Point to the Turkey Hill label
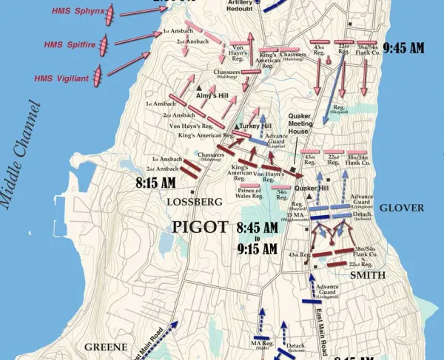click(256, 127)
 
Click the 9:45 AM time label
click(404, 48)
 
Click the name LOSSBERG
click(194, 202)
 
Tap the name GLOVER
click(401, 208)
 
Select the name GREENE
click(101, 346)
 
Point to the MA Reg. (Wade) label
click(261, 346)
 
